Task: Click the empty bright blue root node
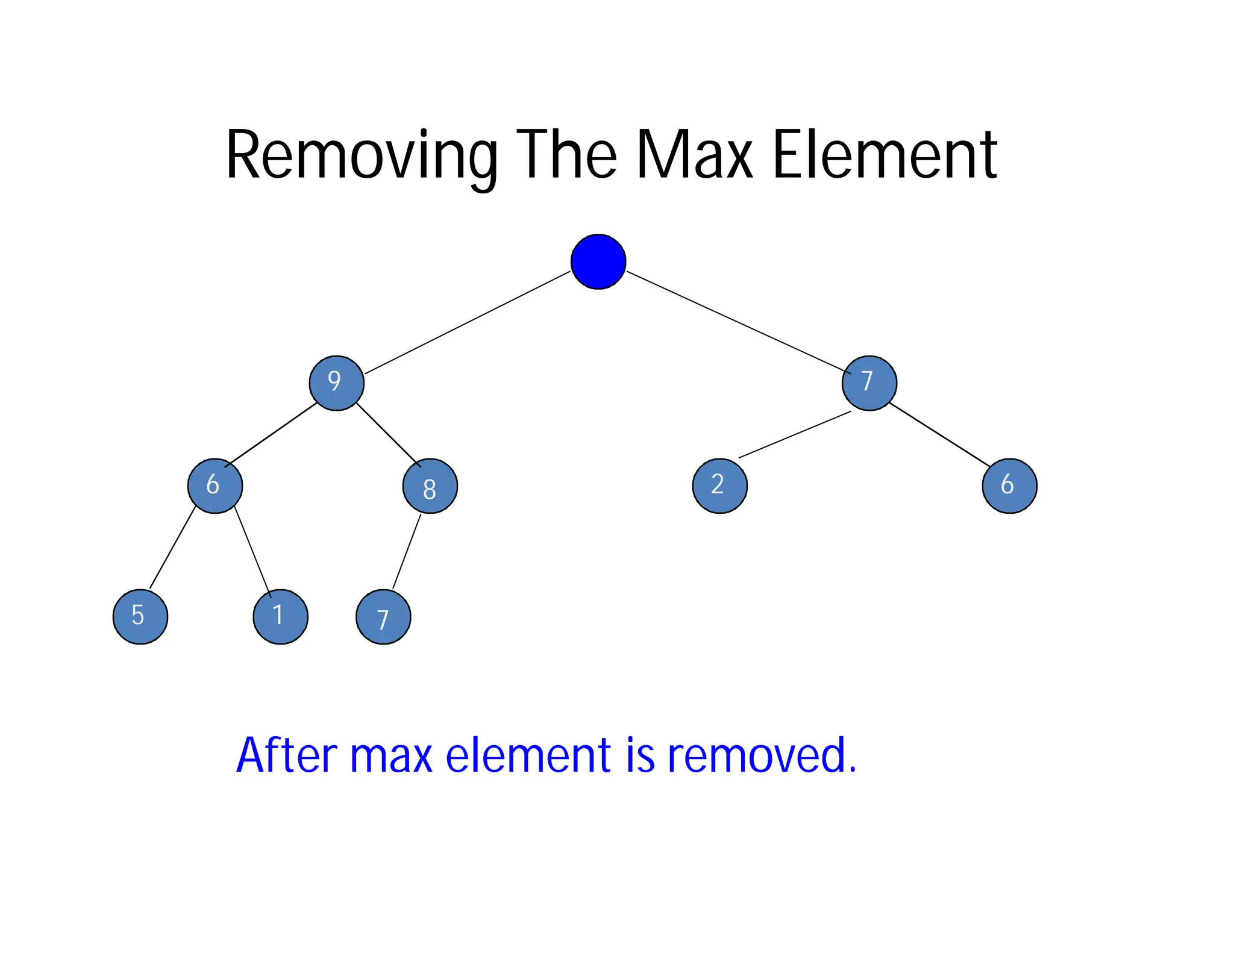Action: coord(598,261)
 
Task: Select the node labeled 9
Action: coord(336,383)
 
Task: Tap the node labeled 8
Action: coord(430,486)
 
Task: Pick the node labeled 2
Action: coord(719,486)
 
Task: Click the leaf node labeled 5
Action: coord(140,616)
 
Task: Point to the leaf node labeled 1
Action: coord(280,616)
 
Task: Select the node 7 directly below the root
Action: coord(869,383)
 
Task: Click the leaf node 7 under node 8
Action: coord(383,617)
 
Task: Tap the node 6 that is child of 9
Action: coord(215,486)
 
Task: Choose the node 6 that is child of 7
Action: coord(1009,486)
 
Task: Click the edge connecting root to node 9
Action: coord(467,323)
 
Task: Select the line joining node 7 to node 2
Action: coord(794,435)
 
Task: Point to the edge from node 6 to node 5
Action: coord(172,548)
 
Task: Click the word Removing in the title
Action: coord(361,155)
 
